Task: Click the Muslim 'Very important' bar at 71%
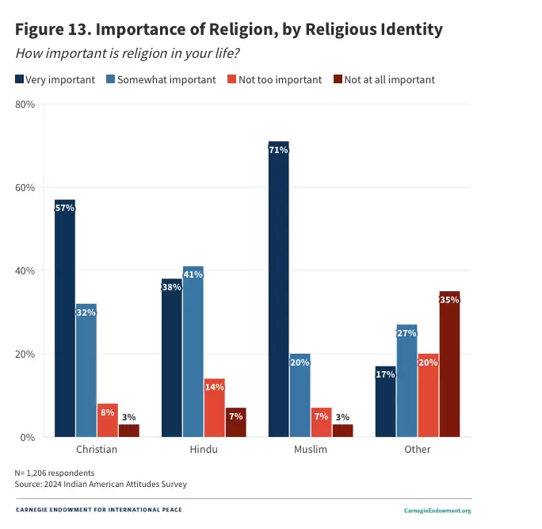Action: point(279,289)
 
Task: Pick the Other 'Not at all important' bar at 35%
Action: point(449,364)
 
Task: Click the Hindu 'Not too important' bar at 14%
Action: point(215,408)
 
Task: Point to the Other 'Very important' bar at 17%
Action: point(386,401)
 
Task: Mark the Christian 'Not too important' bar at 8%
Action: point(108,420)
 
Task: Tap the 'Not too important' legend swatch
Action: point(232,79)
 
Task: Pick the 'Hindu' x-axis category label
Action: point(204,450)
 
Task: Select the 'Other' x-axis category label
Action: point(418,450)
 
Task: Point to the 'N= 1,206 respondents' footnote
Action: point(59,473)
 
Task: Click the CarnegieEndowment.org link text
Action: point(437,511)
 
